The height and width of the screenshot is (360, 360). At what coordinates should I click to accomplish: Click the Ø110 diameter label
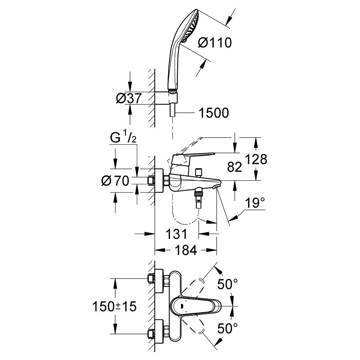(x=215, y=43)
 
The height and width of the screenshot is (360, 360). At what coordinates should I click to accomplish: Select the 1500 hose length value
(x=213, y=113)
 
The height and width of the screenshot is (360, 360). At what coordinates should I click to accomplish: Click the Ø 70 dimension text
(x=115, y=181)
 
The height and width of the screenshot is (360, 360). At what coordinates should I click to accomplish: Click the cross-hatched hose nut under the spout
(x=198, y=194)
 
